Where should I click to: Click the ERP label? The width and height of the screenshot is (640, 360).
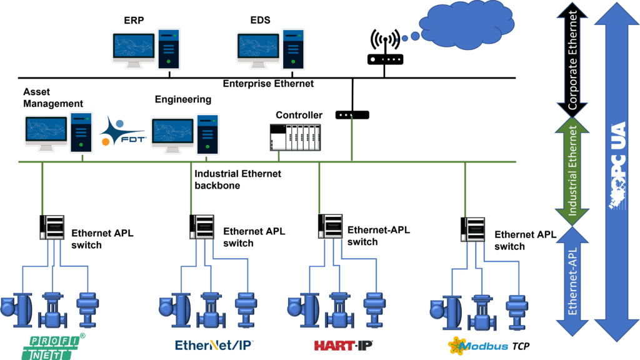click(x=134, y=21)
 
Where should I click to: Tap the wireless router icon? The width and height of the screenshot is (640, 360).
click(x=384, y=47)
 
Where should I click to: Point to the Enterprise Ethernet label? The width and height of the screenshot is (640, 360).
click(x=269, y=83)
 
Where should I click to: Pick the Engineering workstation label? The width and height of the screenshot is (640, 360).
click(x=183, y=99)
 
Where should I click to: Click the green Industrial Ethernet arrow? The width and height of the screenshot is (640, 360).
click(x=573, y=172)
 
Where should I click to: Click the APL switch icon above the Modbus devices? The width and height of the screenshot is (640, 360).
click(x=474, y=231)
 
